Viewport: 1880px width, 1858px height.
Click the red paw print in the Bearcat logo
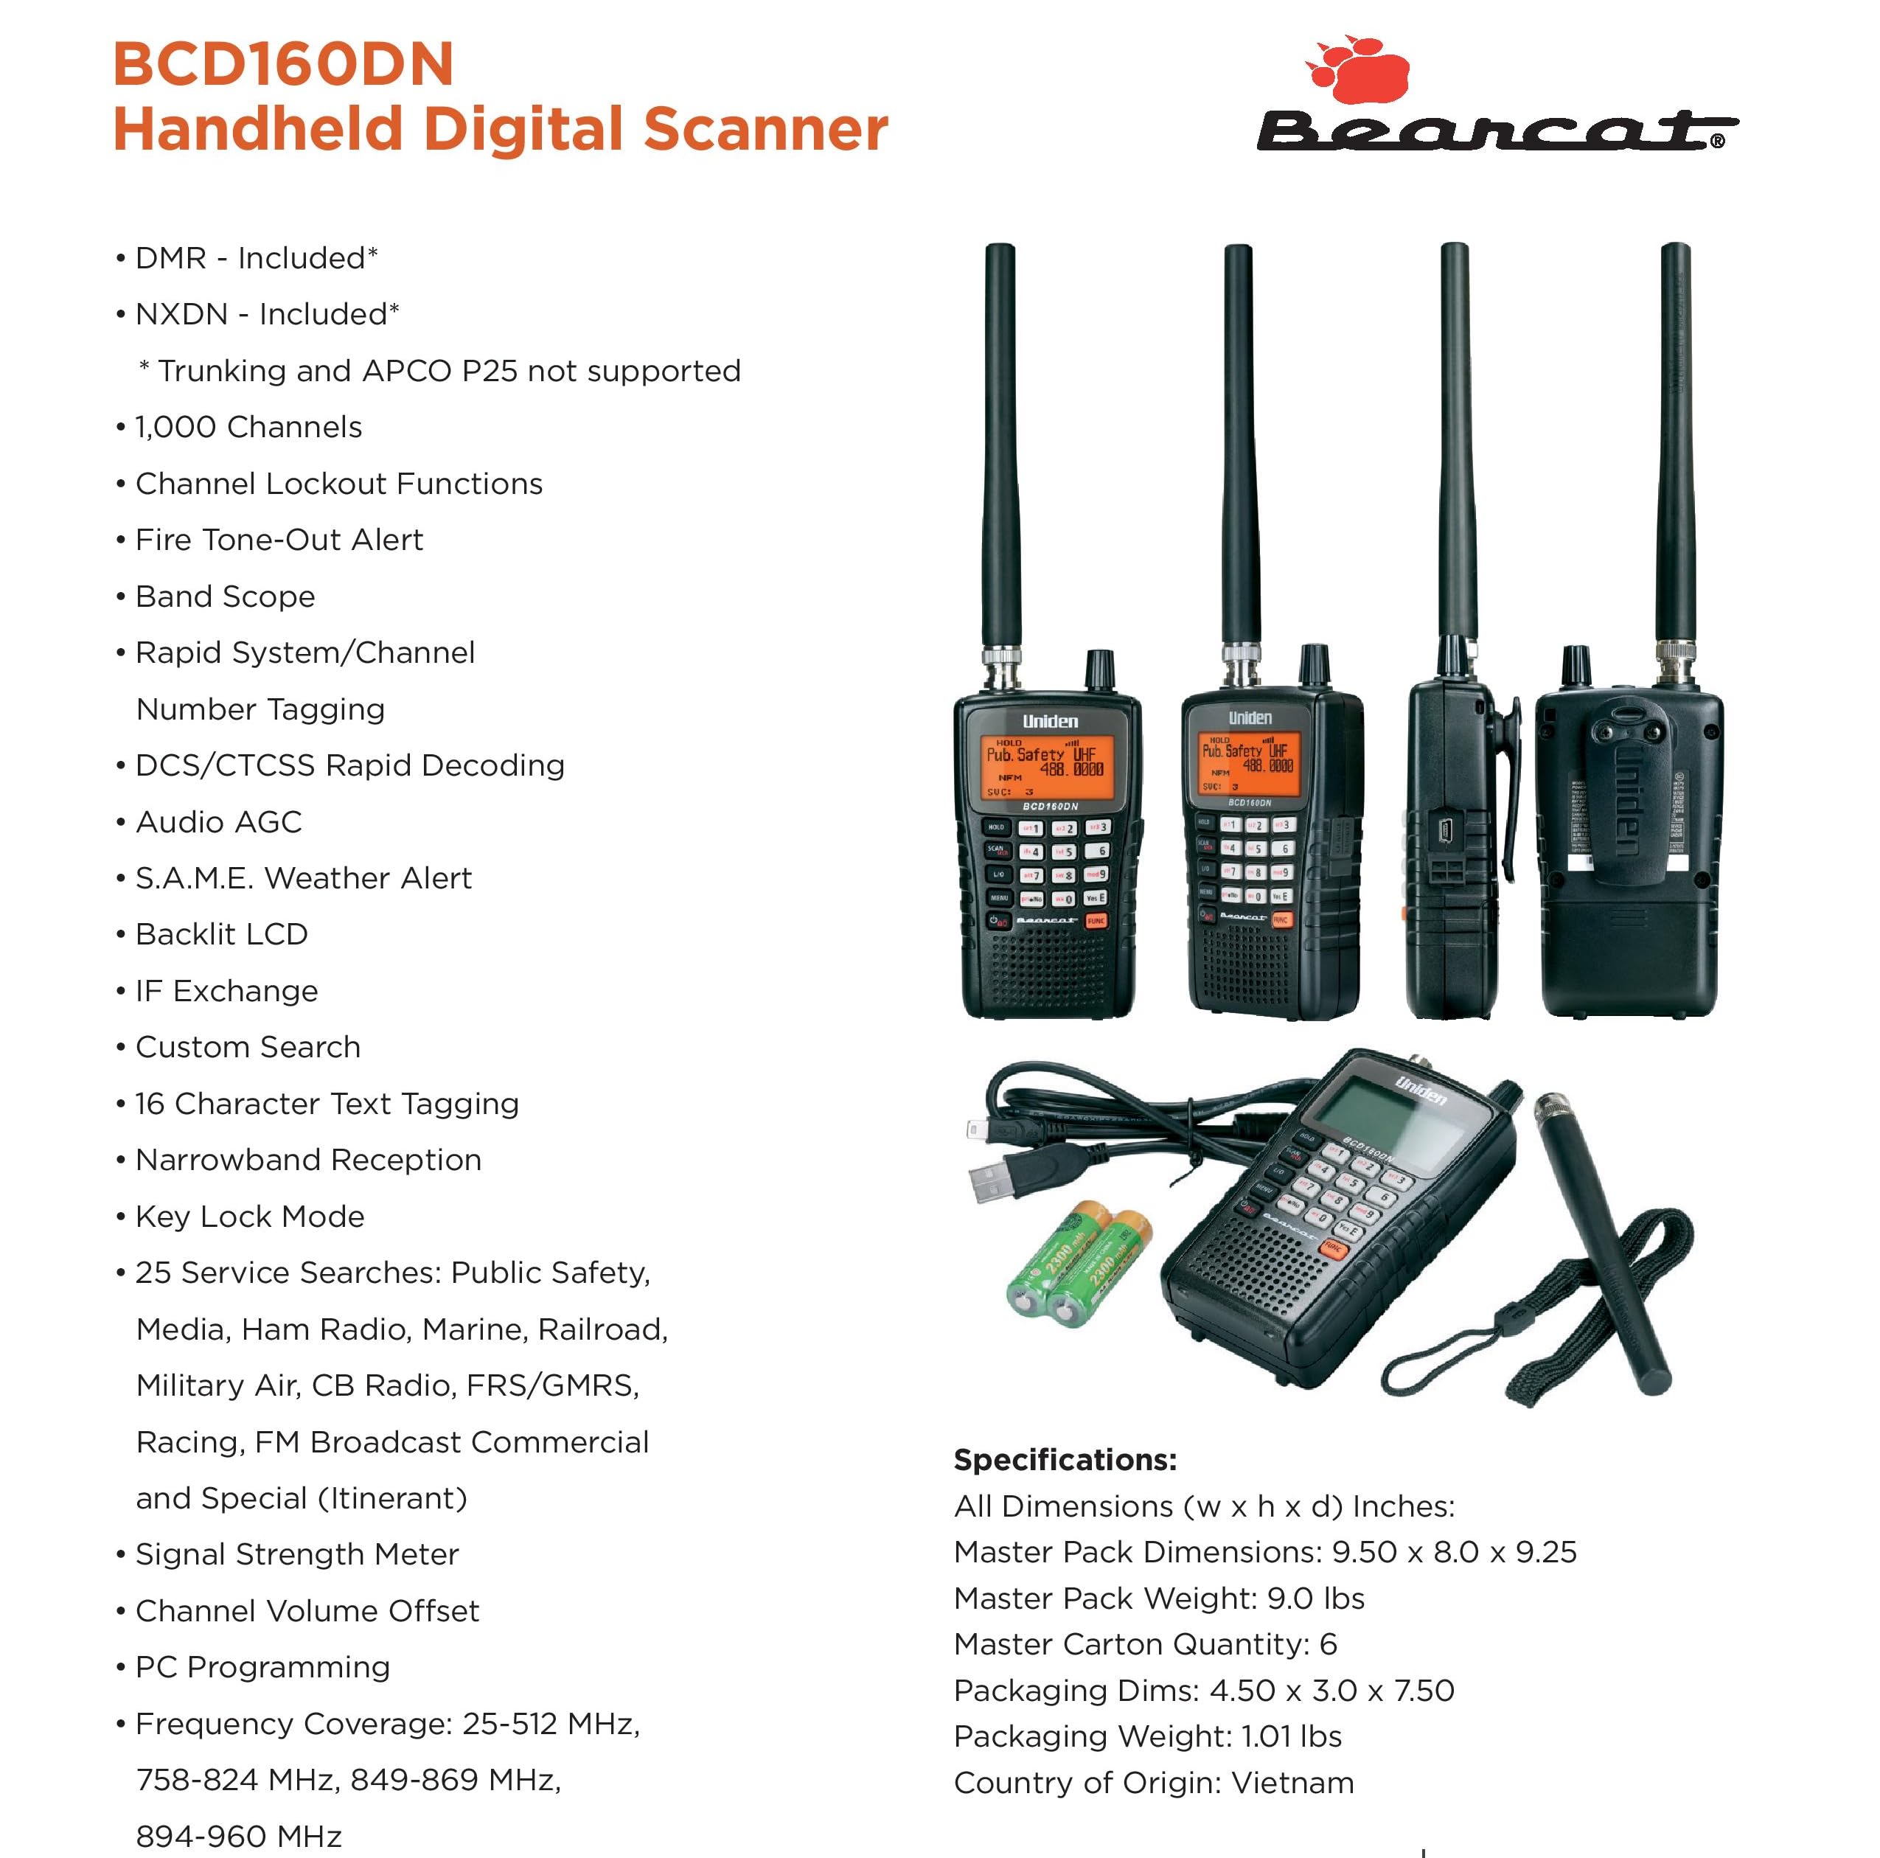click(1360, 70)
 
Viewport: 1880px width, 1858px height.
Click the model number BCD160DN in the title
click(283, 64)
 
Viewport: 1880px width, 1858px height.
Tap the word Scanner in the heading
click(765, 130)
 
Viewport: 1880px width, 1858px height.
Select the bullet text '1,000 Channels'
click(248, 428)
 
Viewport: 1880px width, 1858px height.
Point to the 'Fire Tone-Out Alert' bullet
click(279, 540)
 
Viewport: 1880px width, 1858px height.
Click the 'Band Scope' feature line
click(225, 596)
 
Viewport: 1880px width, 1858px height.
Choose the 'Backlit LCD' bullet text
click(222, 934)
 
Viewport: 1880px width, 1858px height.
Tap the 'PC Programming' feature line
click(262, 1667)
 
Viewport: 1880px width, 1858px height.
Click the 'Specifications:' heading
click(1065, 1460)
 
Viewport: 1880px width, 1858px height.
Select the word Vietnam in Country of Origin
click(1292, 1783)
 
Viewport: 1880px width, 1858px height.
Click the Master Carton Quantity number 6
click(1329, 1644)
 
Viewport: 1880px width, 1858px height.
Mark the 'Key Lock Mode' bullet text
click(250, 1217)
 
